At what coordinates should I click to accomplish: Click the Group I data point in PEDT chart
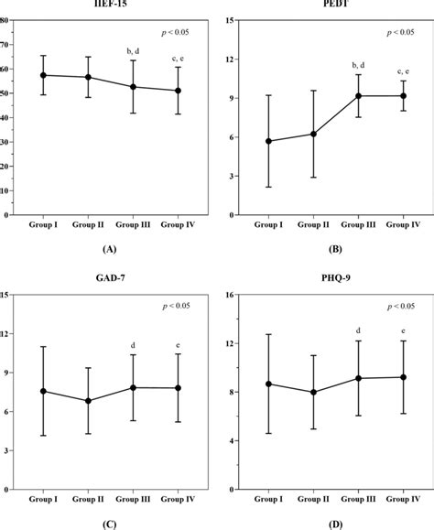[267, 141]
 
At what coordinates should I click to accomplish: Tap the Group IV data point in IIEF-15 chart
[178, 91]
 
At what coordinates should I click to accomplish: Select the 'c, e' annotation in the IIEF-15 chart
[178, 58]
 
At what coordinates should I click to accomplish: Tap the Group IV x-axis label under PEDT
[403, 224]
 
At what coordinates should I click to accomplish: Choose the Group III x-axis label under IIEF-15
[134, 224]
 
